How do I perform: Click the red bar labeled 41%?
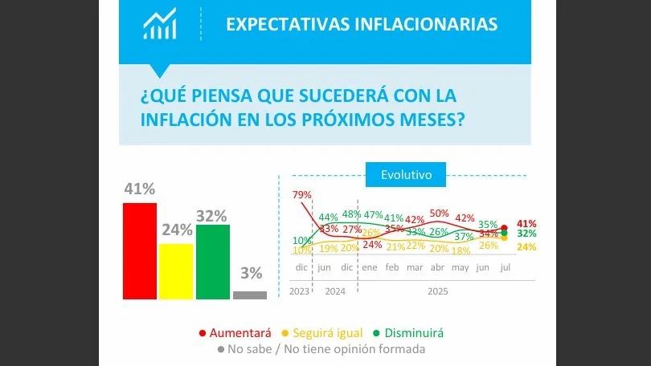tap(139, 250)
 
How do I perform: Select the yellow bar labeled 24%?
tap(175, 271)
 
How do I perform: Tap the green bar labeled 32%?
tap(212, 262)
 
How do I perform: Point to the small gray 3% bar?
tap(249, 295)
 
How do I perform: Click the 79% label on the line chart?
tap(301, 194)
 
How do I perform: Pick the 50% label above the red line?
tap(439, 213)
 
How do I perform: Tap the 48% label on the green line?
tap(350, 214)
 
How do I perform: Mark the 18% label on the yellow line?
tap(461, 250)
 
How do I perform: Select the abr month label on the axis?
tap(438, 266)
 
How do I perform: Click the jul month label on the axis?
tap(506, 266)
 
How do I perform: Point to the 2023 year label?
tap(300, 291)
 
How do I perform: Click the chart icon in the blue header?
tap(159, 24)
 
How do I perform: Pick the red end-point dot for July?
tap(504, 227)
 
